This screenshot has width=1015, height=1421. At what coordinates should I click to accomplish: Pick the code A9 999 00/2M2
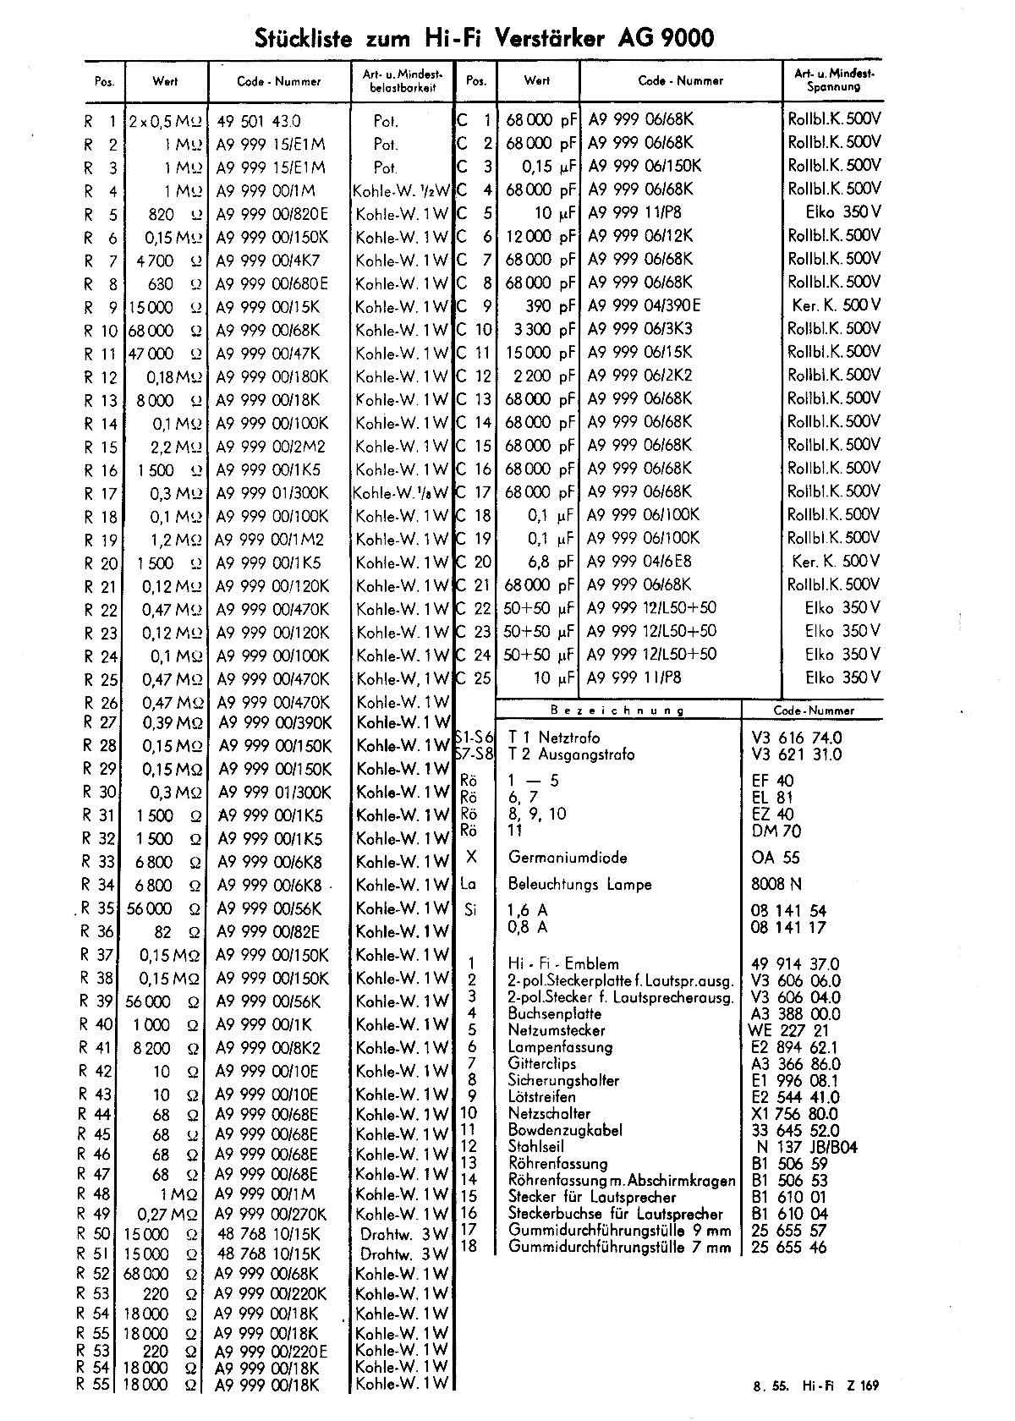coord(270,447)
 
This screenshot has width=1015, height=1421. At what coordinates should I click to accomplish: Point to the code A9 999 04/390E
coord(644,306)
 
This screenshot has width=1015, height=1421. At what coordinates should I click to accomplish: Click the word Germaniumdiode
coord(568,858)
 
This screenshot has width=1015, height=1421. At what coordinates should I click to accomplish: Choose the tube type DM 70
coord(776,831)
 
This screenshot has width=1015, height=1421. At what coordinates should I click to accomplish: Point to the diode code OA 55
coord(775,858)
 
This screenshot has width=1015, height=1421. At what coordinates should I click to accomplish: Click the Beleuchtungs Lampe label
coord(579,885)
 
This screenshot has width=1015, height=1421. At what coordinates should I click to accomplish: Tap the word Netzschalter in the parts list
coord(549,1114)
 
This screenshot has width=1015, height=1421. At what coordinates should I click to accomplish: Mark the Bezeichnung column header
coord(617,710)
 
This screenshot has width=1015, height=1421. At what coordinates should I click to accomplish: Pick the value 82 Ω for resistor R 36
coord(176,932)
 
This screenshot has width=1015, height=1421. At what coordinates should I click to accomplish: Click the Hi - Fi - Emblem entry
coord(563,964)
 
